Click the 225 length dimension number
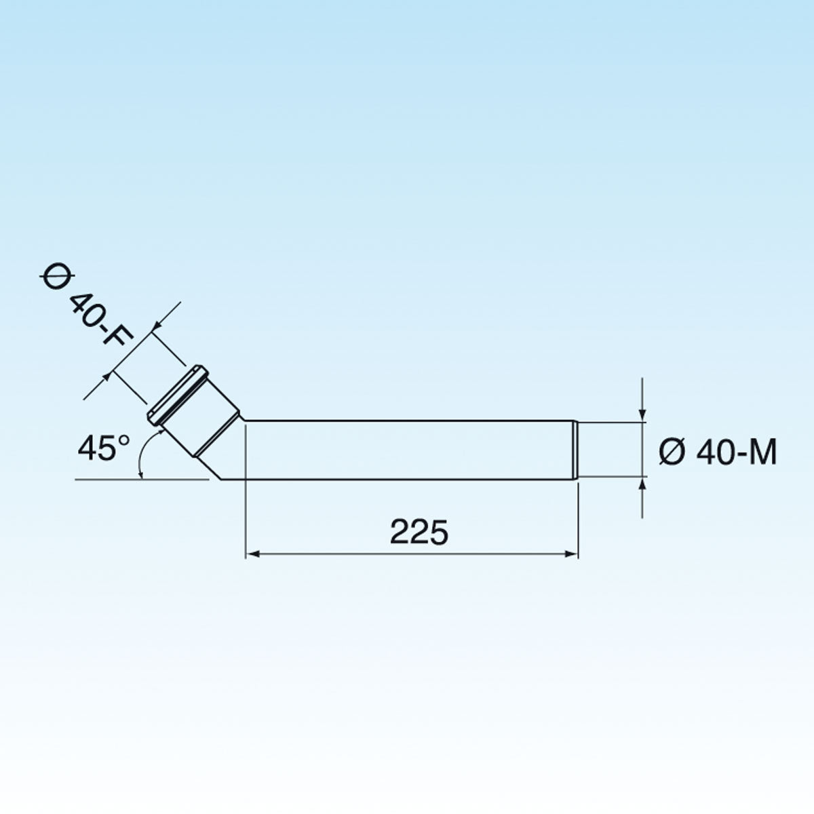419,532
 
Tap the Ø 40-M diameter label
718,452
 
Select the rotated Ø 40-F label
85,305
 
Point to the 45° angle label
104,449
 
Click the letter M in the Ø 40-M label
763,452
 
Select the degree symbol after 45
123,440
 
